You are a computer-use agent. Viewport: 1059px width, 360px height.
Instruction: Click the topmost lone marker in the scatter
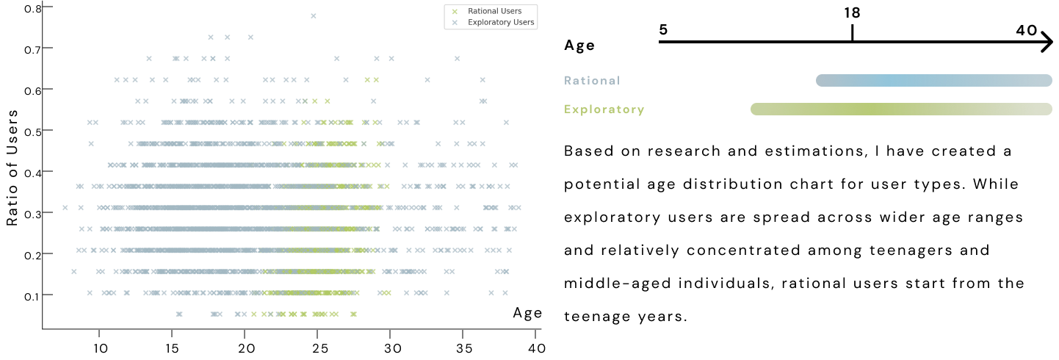pos(314,15)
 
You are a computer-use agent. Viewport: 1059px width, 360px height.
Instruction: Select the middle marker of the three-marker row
pos(227,37)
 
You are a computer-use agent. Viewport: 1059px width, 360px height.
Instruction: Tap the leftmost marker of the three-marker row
pos(211,37)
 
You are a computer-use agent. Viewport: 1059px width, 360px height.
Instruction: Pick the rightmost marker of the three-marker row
pos(250,37)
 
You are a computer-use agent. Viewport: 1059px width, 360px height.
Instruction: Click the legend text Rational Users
pos(494,11)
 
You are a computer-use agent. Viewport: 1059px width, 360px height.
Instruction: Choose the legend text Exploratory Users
pos(500,23)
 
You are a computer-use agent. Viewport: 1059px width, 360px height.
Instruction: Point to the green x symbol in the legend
pos(455,11)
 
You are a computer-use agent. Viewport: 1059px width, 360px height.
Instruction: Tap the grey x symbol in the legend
pos(455,23)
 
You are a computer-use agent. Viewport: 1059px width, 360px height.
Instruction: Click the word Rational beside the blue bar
pos(592,81)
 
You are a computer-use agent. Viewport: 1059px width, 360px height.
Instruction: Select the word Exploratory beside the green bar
pos(604,109)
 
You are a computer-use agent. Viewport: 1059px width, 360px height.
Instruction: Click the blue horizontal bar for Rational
pos(933,81)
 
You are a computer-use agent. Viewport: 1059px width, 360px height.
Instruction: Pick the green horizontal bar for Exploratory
pos(901,109)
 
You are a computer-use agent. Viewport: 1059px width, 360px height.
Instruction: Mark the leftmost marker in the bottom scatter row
pos(179,314)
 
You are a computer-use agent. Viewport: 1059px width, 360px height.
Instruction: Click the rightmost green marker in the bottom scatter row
pos(353,314)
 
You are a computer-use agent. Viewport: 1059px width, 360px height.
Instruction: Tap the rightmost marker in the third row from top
pos(457,58)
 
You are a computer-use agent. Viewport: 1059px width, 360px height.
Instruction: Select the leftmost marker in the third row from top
pos(149,58)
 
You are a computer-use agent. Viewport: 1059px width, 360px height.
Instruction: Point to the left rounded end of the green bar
pos(754,109)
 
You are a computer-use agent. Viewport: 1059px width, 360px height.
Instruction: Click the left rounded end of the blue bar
pos(820,81)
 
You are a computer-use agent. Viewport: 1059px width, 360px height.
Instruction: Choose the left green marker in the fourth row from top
pos(367,79)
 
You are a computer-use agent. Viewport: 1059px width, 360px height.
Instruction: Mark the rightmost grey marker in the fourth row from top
pos(482,79)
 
